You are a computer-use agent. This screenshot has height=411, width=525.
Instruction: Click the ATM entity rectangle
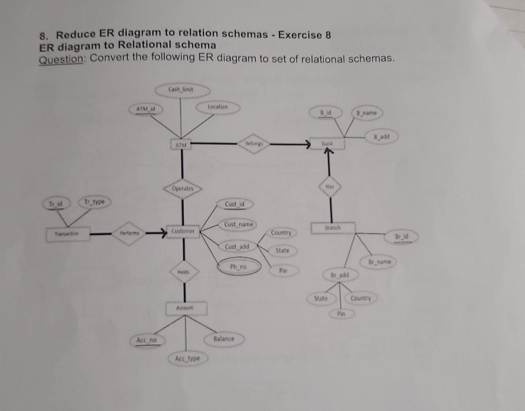pyautogui.click(x=181, y=145)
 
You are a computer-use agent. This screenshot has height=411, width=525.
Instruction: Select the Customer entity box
pyautogui.click(x=183, y=231)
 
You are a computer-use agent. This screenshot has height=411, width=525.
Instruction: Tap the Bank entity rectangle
pyautogui.click(x=327, y=143)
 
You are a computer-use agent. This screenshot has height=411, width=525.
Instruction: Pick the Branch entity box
pyautogui.click(x=333, y=228)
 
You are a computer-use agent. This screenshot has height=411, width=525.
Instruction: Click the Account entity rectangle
pyautogui.click(x=186, y=308)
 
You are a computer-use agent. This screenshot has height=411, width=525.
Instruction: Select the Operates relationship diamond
pyautogui.click(x=183, y=188)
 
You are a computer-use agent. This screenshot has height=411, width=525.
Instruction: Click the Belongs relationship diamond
pyautogui.click(x=253, y=144)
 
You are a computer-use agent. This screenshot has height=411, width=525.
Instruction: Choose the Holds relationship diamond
pyautogui.click(x=184, y=272)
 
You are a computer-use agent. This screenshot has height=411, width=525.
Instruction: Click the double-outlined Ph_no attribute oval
pyautogui.click(x=239, y=267)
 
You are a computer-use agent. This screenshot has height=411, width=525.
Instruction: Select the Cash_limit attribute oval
pyautogui.click(x=182, y=90)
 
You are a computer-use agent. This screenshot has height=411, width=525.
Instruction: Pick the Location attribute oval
pyautogui.click(x=218, y=107)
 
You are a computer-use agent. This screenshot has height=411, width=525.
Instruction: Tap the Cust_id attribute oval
pyautogui.click(x=235, y=204)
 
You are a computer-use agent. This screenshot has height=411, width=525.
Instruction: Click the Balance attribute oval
pyautogui.click(x=224, y=338)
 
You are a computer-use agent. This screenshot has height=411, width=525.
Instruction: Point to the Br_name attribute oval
pyautogui.click(x=380, y=262)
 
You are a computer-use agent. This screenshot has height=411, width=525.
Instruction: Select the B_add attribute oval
pyautogui.click(x=381, y=136)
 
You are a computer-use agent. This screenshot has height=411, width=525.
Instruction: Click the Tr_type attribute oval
pyautogui.click(x=95, y=202)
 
